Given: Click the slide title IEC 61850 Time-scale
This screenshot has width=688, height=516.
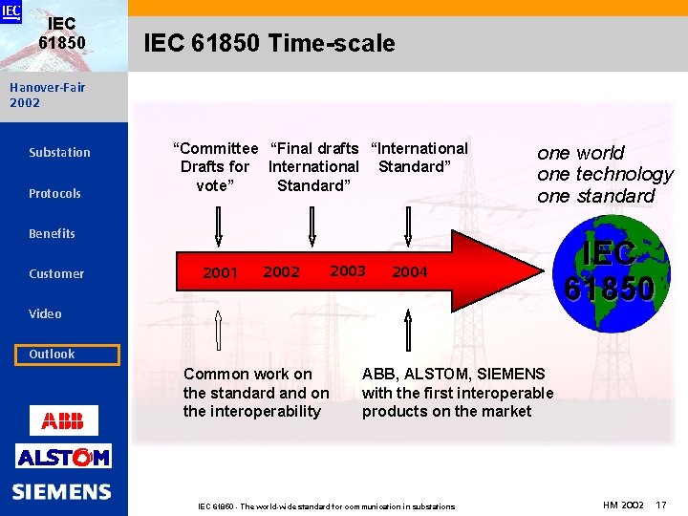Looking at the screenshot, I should [269, 43].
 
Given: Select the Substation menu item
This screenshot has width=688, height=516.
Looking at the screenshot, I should [59, 152].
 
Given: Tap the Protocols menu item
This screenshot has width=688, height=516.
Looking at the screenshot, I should [54, 193].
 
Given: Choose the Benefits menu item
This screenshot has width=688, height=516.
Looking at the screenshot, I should [52, 233].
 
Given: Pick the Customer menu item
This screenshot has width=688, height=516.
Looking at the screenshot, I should [56, 273].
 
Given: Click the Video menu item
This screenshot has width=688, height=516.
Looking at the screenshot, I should [45, 313].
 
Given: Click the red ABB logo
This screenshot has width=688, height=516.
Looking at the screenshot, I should [63, 419].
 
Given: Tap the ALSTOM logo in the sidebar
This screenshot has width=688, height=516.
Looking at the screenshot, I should [63, 457].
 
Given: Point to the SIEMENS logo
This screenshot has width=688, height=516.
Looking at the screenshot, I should [62, 492].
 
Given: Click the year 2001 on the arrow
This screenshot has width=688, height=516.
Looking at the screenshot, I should [221, 273].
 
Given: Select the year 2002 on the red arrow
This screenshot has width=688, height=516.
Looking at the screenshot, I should [281, 272].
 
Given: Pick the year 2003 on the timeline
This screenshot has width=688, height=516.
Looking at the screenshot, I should [348, 271].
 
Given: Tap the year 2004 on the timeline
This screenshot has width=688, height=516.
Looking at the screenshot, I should [410, 272].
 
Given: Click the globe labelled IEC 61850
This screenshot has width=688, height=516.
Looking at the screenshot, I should [608, 270].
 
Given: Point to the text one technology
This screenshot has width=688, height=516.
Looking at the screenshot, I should [605, 174].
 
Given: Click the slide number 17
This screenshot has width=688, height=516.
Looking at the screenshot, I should [661, 504].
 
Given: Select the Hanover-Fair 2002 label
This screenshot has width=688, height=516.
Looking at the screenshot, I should [47, 95].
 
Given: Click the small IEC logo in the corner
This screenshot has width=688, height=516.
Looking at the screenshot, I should [11, 11].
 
